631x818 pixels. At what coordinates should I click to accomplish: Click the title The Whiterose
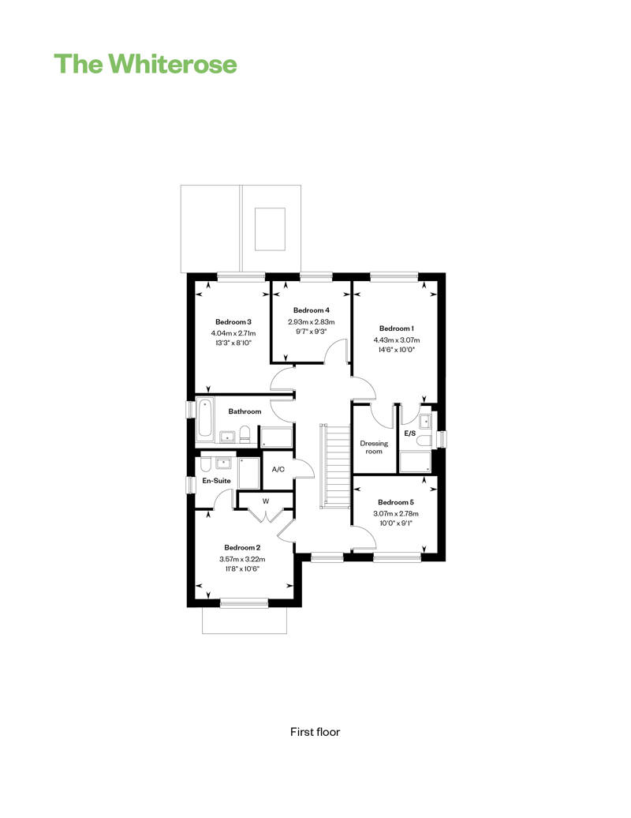click(145, 64)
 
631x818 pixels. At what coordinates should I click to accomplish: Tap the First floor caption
click(315, 732)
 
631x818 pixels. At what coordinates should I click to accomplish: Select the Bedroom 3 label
click(233, 322)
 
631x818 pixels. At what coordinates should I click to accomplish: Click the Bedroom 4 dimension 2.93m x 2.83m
click(312, 322)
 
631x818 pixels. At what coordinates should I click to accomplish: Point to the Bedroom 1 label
click(397, 328)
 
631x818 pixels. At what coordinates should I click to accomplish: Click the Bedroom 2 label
click(242, 547)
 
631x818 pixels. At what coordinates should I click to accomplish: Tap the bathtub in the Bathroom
click(205, 419)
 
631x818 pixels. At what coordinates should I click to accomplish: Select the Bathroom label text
click(245, 411)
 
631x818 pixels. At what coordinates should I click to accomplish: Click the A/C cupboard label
click(278, 470)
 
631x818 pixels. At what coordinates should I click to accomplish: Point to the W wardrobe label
click(266, 501)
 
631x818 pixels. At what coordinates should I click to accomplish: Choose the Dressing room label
click(374, 447)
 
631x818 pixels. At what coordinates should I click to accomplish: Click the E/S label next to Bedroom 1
click(410, 433)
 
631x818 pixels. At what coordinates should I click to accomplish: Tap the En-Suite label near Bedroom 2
click(216, 481)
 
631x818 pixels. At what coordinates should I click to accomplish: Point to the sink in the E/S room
click(425, 421)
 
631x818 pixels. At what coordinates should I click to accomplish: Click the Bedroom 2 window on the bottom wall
click(244, 603)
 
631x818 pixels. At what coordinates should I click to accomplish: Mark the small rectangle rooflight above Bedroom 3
click(270, 229)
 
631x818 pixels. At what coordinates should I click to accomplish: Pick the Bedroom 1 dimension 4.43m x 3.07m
click(397, 340)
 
